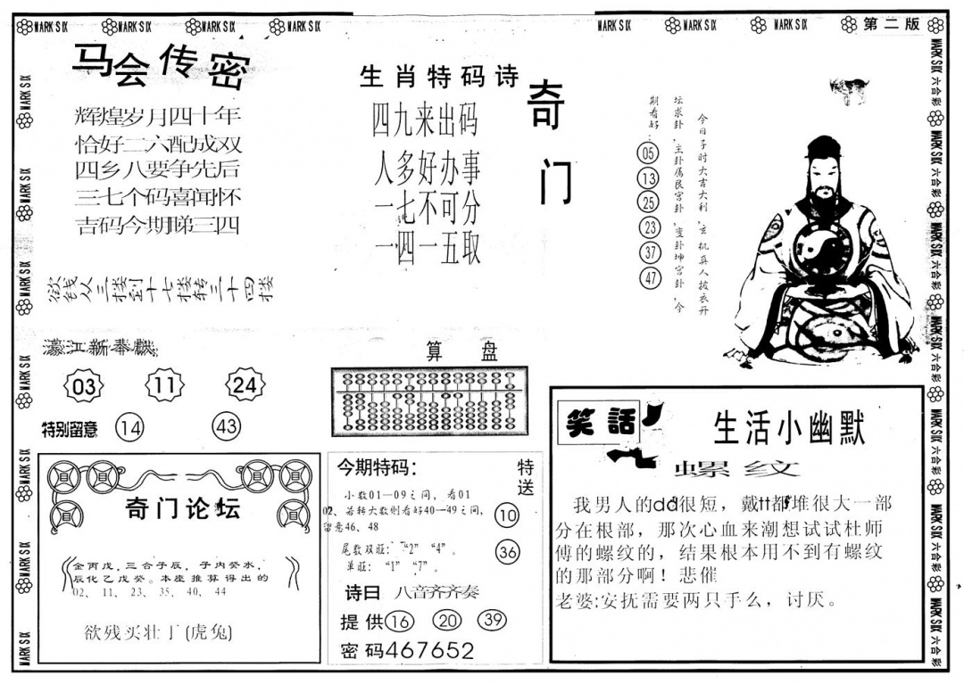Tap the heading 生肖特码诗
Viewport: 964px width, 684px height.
pyautogui.click(x=438, y=78)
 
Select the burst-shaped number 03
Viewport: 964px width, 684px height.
pyautogui.click(x=85, y=386)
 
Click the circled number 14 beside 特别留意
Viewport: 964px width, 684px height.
pyautogui.click(x=129, y=428)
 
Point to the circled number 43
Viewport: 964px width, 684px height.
pyautogui.click(x=227, y=427)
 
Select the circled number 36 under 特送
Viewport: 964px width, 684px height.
pyautogui.click(x=507, y=552)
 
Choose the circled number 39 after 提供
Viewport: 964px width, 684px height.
pyautogui.click(x=492, y=621)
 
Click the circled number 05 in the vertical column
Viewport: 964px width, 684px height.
pyautogui.click(x=648, y=153)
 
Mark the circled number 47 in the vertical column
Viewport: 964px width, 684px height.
pyautogui.click(x=650, y=278)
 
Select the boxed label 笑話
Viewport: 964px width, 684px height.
pyautogui.click(x=594, y=424)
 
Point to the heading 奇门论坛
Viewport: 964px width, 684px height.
pyautogui.click(x=183, y=509)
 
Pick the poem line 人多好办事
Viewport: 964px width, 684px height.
pyautogui.click(x=427, y=167)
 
